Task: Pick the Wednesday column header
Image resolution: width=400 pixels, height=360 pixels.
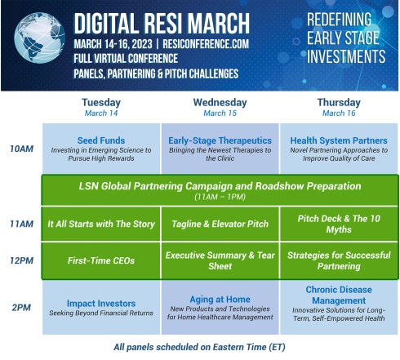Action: click(220, 103)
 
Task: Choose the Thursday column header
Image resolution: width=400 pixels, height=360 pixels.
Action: click(338, 103)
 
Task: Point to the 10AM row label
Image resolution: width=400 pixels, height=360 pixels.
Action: click(20, 149)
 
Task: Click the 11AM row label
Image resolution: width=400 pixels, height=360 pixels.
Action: click(20, 224)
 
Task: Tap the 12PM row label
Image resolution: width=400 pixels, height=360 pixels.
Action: click(20, 261)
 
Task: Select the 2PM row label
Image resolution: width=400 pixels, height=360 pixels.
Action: click(20, 308)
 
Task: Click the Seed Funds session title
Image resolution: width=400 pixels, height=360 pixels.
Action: click(100, 140)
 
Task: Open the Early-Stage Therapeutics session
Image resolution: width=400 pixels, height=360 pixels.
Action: click(220, 140)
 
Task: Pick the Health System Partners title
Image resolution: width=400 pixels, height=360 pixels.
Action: click(338, 140)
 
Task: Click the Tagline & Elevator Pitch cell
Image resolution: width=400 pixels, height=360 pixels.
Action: click(220, 224)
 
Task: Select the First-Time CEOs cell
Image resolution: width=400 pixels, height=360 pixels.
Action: click(100, 261)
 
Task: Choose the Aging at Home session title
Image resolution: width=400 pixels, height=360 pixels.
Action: click(220, 299)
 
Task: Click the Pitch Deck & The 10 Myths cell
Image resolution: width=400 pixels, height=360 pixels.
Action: click(338, 224)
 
